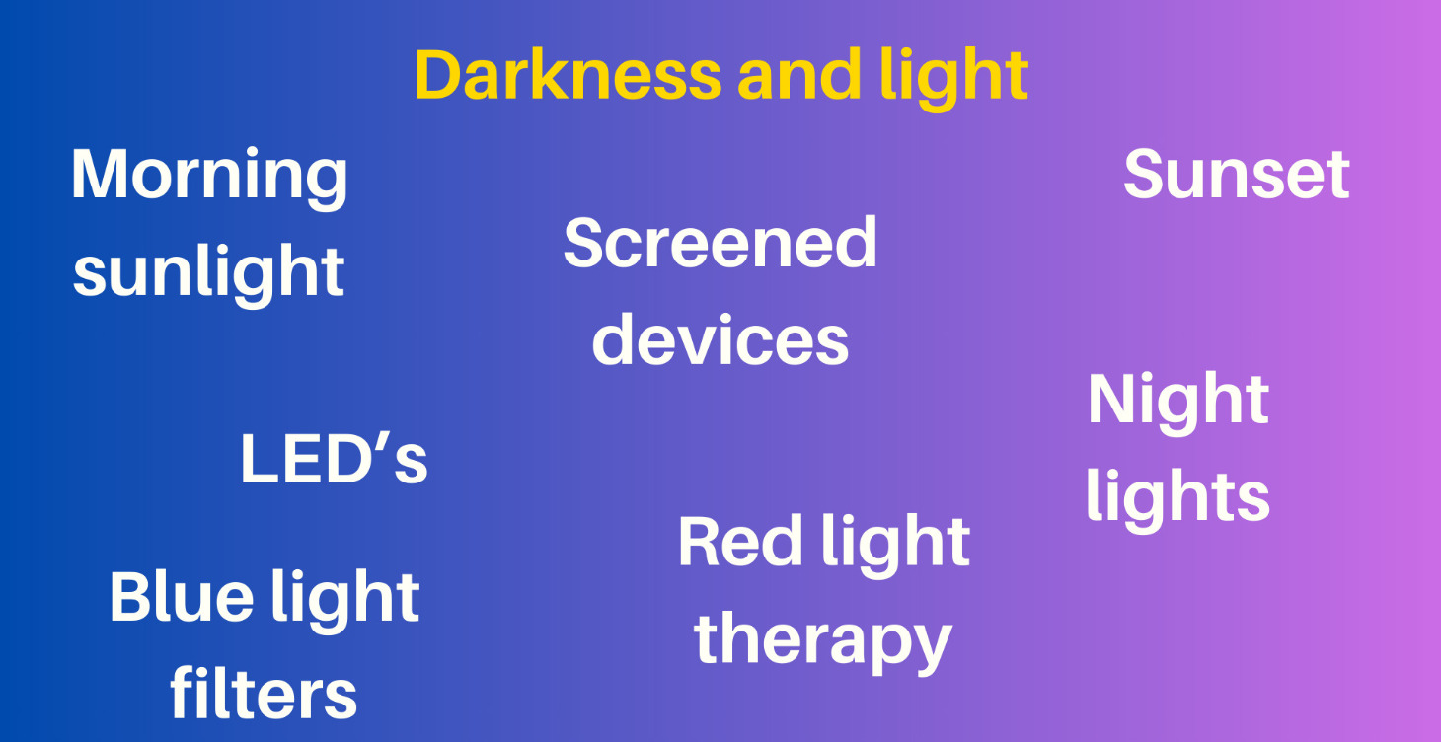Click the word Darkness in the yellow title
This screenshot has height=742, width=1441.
click(569, 75)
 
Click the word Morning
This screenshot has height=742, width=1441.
click(209, 176)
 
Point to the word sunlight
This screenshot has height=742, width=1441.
click(209, 271)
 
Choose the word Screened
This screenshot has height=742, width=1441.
click(720, 244)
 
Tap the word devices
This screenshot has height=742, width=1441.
click(720, 339)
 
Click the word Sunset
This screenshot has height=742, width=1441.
click(1236, 175)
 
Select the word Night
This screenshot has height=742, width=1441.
click(1177, 400)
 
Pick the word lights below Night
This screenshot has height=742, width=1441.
click(1177, 495)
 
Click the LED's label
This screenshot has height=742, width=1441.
click(334, 460)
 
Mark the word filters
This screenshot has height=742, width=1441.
click(264, 693)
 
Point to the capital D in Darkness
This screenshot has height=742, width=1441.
click(441, 75)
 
